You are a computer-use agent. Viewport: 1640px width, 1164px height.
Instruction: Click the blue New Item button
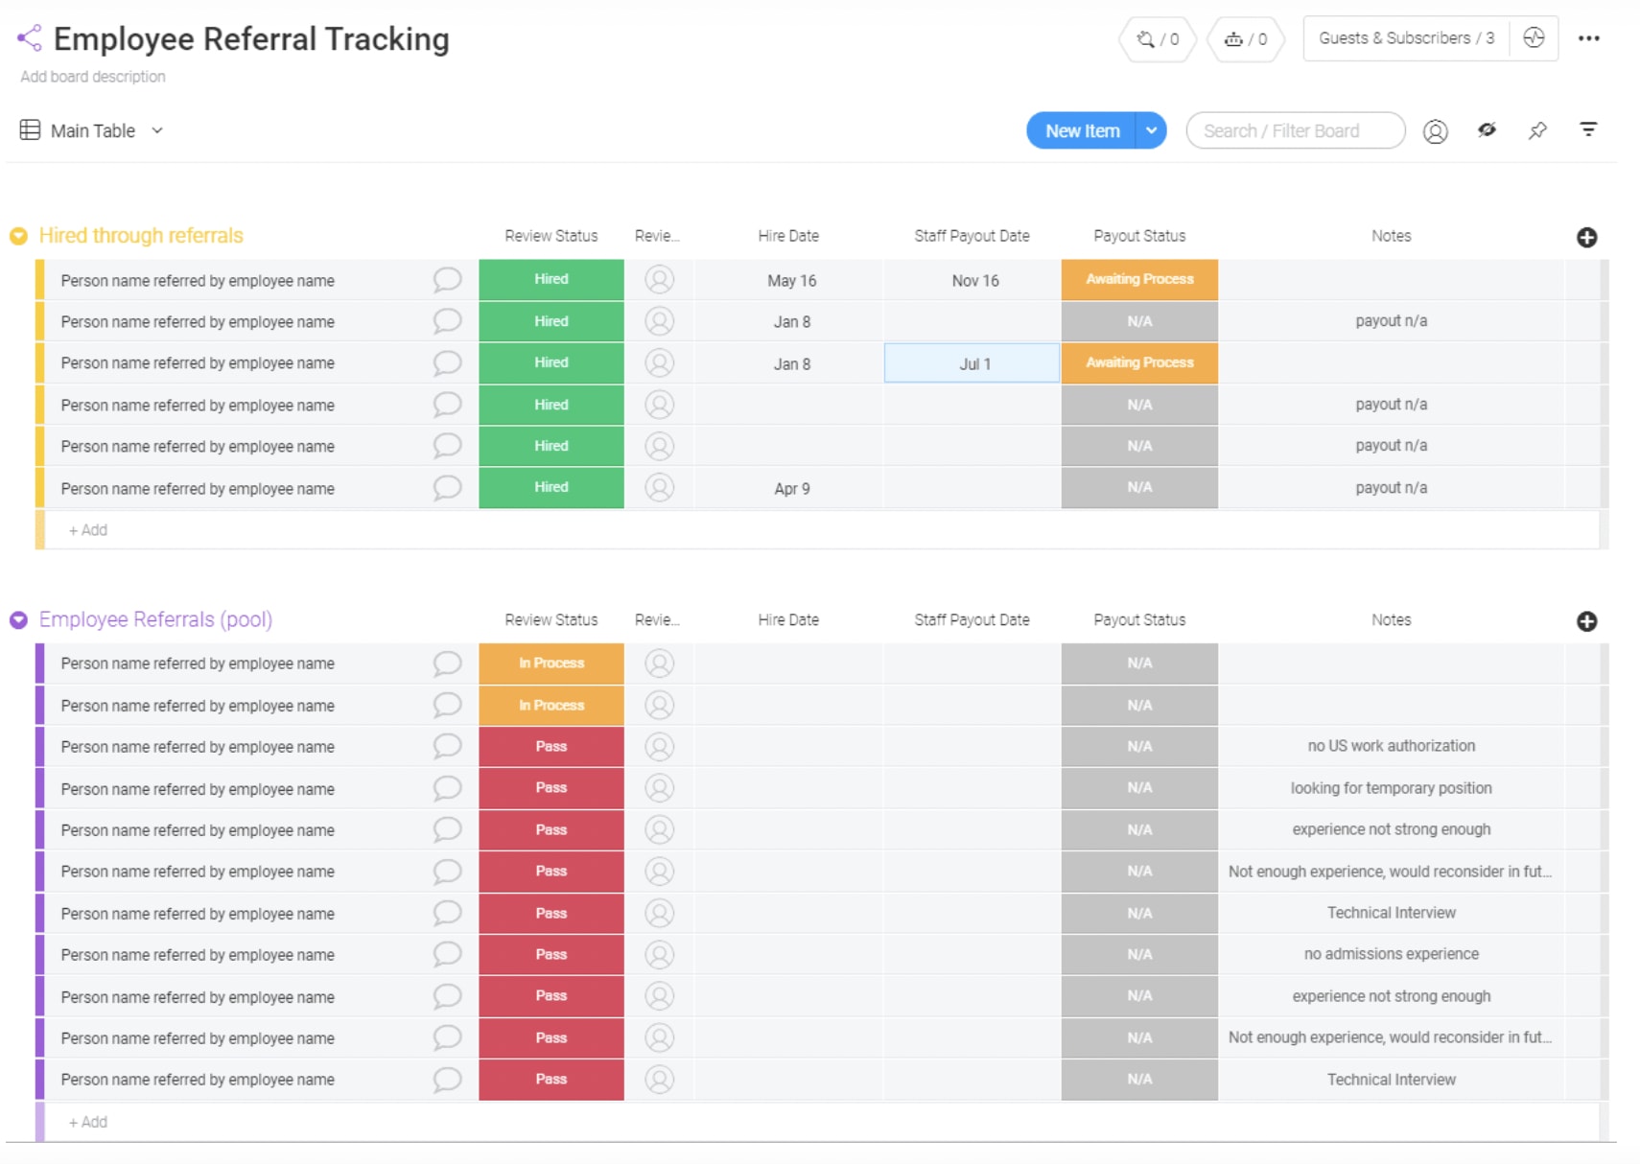pos(1081,131)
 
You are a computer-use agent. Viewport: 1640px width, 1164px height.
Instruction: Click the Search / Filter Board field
pos(1294,131)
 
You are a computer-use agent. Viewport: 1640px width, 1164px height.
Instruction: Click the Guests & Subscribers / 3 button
pos(1405,38)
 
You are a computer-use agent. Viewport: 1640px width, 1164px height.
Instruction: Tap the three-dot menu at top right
pos(1588,38)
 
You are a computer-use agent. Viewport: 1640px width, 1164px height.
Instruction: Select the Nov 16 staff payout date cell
pos(974,281)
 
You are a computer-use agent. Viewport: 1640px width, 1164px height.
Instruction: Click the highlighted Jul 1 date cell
pos(972,364)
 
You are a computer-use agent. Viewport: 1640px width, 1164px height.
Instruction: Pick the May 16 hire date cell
pos(791,281)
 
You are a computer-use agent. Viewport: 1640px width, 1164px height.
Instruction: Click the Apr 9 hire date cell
pos(791,489)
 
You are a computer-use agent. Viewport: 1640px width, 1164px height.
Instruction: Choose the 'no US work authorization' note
pos(1391,746)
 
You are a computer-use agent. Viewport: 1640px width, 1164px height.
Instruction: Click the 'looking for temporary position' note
pos(1391,788)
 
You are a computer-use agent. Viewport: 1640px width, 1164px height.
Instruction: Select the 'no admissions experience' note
pos(1391,954)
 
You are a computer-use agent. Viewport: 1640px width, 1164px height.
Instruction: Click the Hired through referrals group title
pos(141,236)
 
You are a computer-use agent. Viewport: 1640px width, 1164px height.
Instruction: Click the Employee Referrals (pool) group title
pos(155,619)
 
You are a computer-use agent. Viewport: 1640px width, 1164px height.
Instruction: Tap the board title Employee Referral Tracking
pos(251,39)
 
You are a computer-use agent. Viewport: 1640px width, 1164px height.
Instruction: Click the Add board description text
pos(93,77)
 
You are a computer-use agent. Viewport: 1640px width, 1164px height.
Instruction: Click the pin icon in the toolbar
pos(1537,130)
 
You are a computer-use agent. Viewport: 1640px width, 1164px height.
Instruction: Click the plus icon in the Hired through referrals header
pos(1586,238)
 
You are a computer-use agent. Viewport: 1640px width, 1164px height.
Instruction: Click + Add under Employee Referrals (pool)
pos(88,1122)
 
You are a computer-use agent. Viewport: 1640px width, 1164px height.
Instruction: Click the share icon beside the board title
pos(30,38)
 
